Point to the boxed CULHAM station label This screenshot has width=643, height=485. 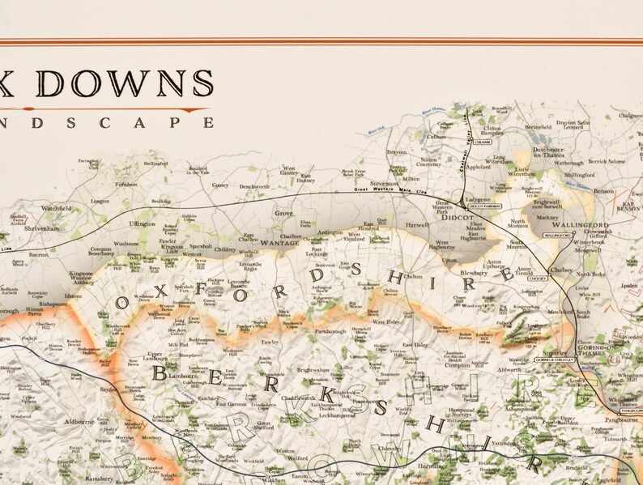coord(484,142)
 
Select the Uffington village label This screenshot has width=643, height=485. coord(142,223)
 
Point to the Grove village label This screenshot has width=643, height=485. coord(283,213)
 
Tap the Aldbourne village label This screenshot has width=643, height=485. coord(80,422)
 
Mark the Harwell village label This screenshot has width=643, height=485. coord(417,224)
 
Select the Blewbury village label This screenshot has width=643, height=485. coord(475,274)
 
